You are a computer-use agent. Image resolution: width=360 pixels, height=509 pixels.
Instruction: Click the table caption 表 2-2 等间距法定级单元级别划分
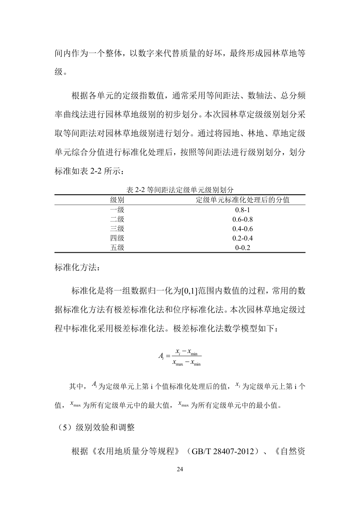tap(180, 190)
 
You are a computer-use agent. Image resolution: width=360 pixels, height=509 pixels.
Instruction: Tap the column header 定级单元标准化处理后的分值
tap(243, 200)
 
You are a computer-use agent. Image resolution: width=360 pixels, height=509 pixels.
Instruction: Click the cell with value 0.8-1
tap(243, 210)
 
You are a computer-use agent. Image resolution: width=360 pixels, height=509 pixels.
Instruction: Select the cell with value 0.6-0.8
tap(243, 219)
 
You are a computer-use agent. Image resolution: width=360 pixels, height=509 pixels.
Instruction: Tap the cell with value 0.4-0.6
tap(243, 229)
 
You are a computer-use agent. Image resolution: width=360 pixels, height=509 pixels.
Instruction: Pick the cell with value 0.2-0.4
tap(243, 238)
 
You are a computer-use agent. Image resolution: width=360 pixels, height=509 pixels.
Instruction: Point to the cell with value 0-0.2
tap(243, 248)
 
